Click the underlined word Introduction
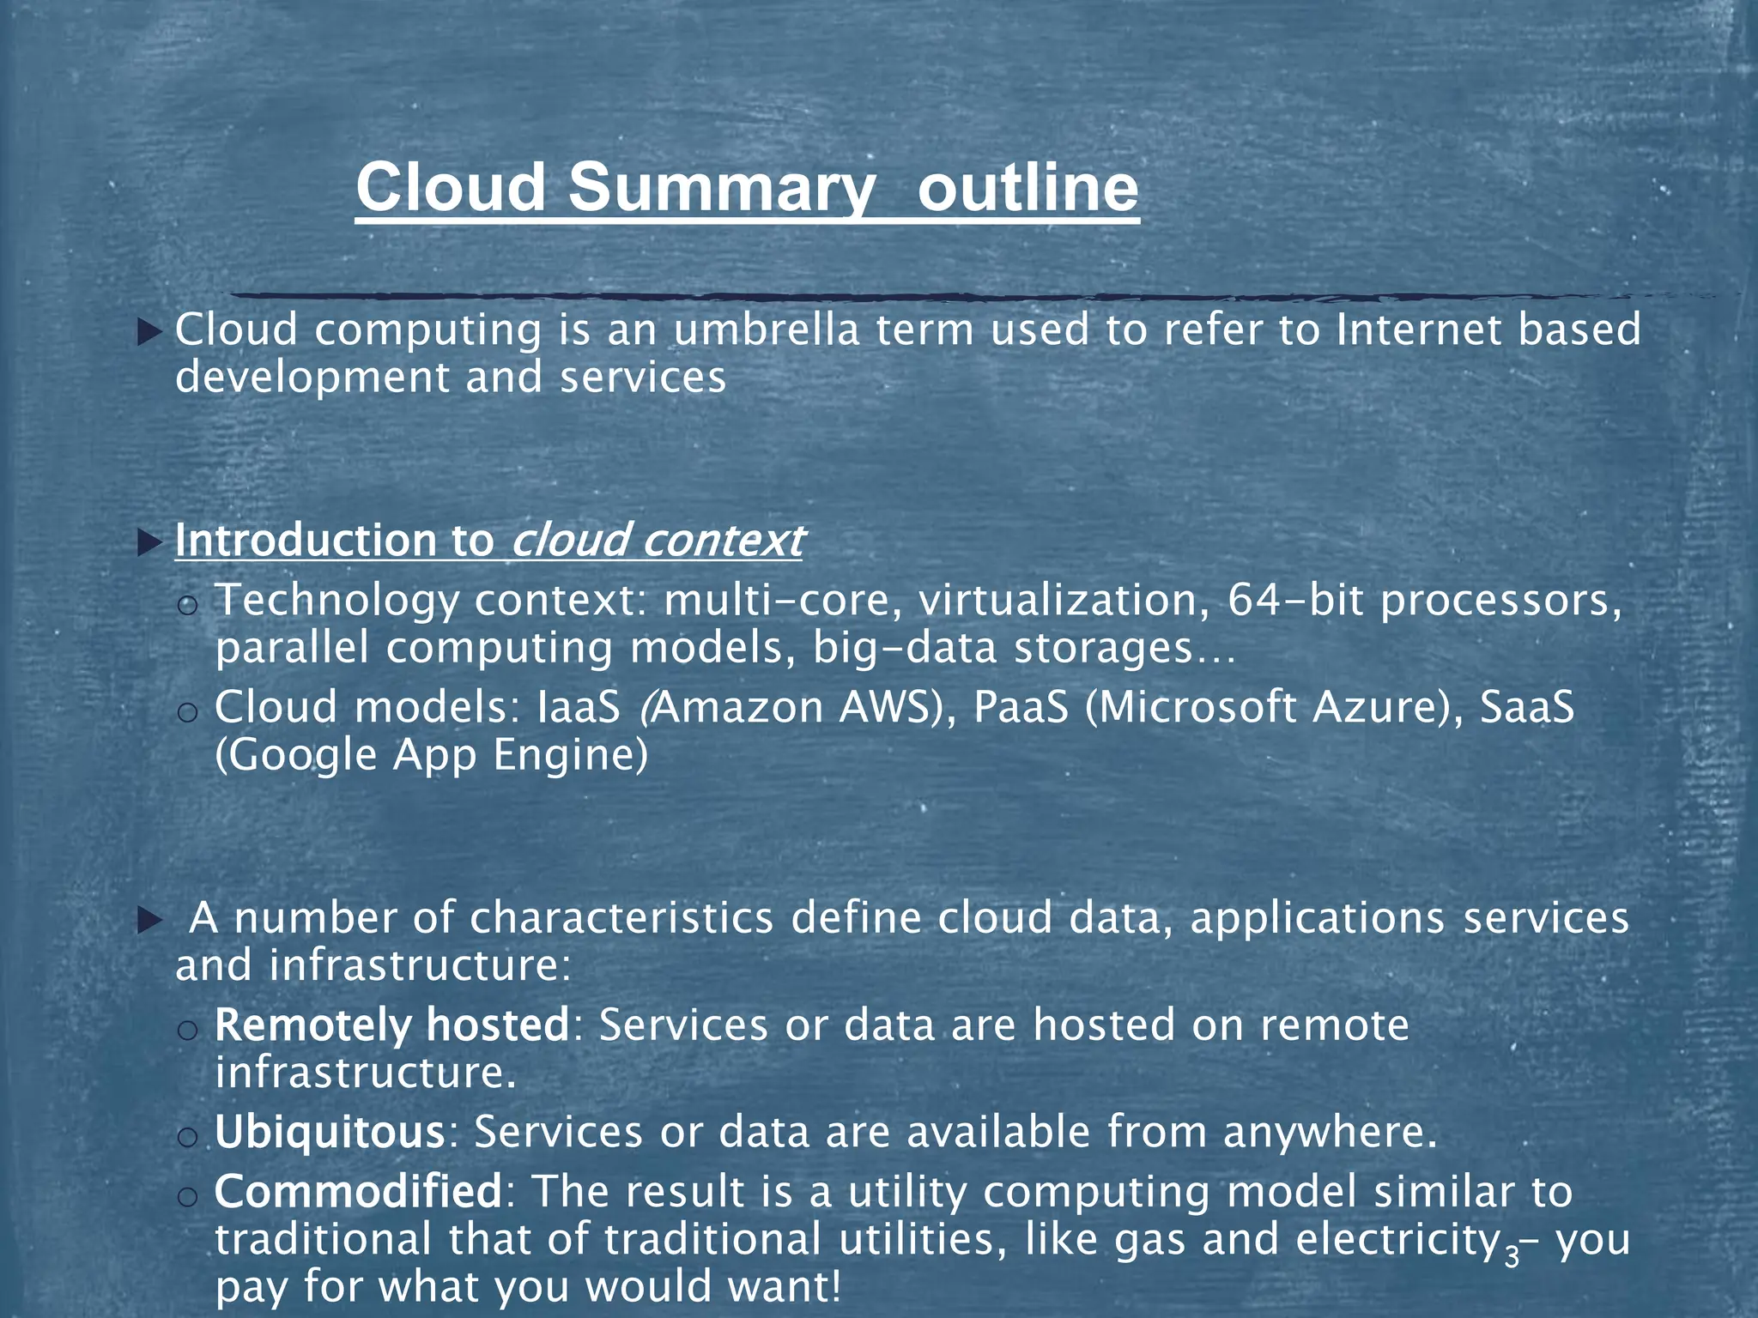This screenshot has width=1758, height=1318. (x=306, y=541)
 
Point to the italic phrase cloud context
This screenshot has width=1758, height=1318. (x=657, y=541)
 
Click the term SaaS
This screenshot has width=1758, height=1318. (x=1528, y=708)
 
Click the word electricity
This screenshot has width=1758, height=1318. (x=1397, y=1240)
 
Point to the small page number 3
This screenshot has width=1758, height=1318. (x=1512, y=1257)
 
